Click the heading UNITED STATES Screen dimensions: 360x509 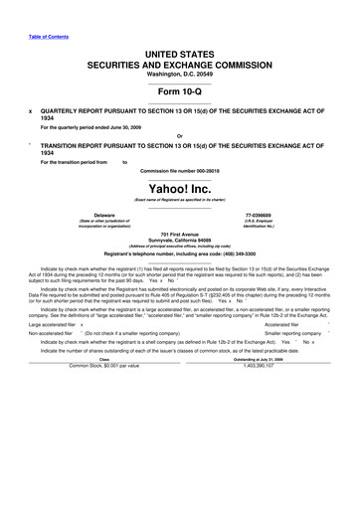pos(180,52)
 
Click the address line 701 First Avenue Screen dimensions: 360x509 pos(180,233)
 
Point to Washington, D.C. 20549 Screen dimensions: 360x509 pos(180,75)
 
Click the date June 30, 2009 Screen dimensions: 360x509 pos(117,127)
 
